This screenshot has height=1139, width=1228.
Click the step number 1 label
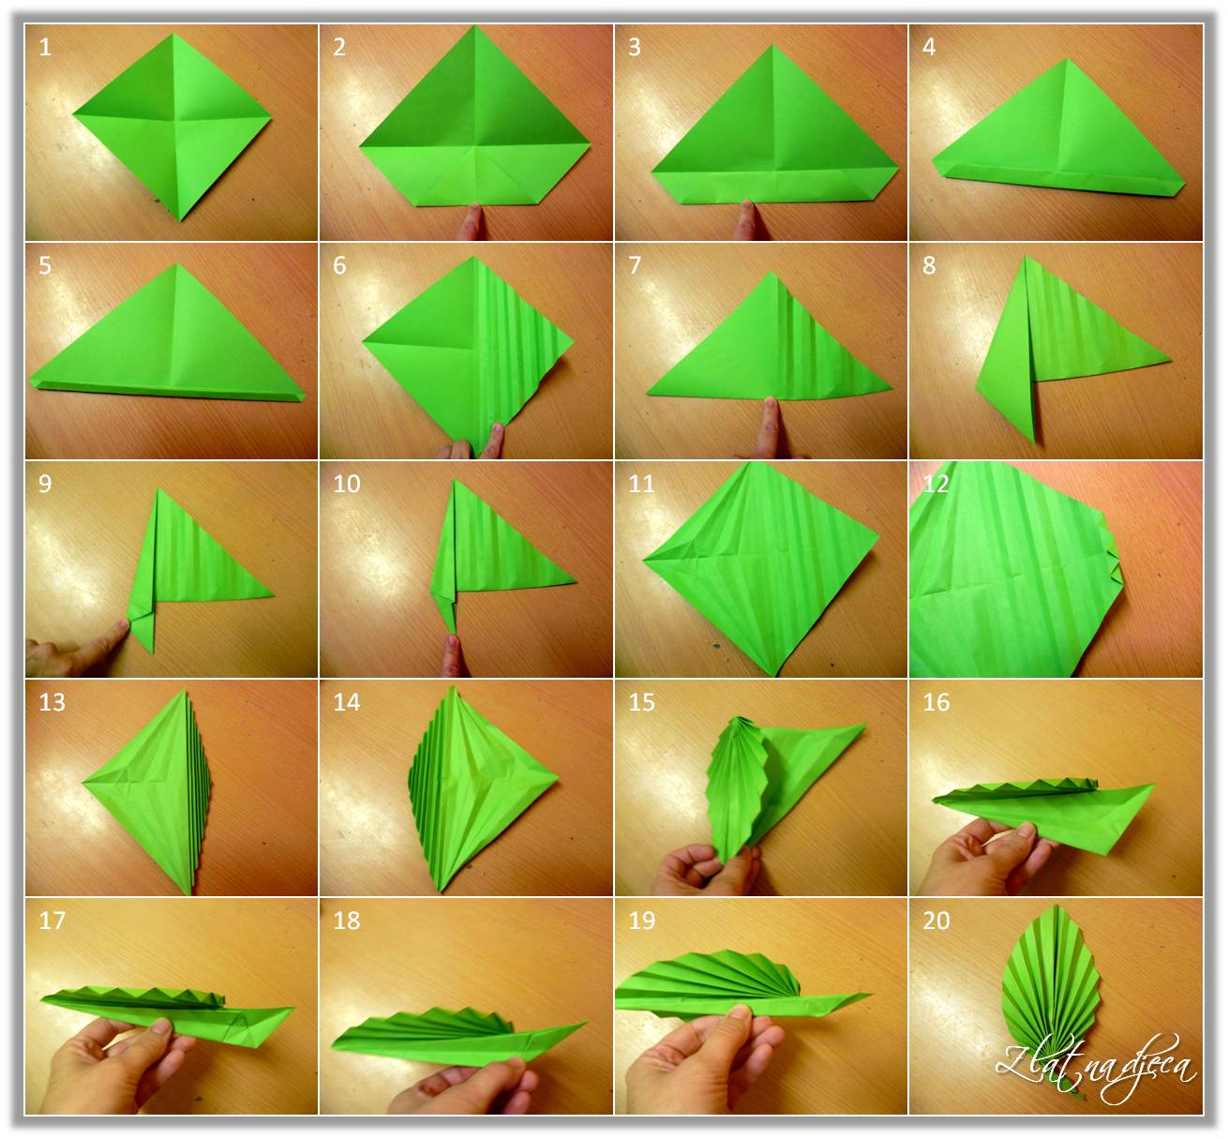(x=45, y=47)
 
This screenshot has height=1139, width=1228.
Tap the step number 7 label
(x=635, y=265)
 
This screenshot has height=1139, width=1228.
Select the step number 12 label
(x=936, y=484)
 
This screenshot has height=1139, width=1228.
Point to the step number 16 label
(x=936, y=702)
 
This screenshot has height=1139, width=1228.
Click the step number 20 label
(x=936, y=920)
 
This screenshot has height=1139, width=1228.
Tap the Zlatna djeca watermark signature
(x=1096, y=1066)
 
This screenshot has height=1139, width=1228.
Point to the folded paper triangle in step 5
(x=168, y=337)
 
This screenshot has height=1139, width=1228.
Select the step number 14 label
(x=346, y=702)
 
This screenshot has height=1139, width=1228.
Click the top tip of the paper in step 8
(x=1026, y=257)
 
